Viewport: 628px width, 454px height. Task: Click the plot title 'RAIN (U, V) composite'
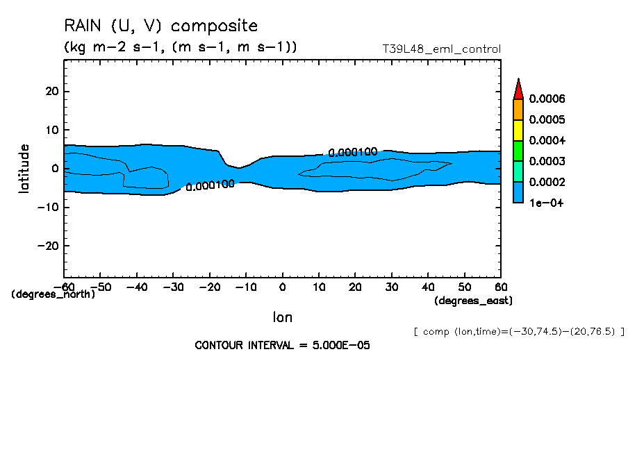pos(160,26)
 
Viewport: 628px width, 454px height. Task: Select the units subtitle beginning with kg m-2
pos(181,47)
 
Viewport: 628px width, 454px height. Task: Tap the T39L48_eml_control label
pos(441,49)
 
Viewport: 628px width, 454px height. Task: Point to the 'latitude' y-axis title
pos(24,169)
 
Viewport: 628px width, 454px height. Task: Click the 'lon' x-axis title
pos(282,317)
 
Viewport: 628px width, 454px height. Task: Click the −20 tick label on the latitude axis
pos(49,246)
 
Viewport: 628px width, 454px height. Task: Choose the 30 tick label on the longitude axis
pos(392,287)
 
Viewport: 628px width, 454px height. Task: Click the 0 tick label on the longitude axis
pos(283,287)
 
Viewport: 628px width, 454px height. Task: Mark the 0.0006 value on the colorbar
pos(547,99)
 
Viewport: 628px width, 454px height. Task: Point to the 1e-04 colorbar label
pos(545,203)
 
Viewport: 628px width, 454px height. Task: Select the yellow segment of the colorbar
pos(518,131)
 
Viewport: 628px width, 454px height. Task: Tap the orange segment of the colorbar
pos(518,110)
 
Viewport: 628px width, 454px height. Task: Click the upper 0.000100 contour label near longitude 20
pos(352,153)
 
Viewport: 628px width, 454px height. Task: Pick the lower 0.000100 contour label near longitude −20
pos(210,185)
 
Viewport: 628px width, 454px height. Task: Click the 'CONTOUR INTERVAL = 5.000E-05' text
pos(282,345)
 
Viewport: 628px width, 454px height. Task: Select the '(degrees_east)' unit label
pos(474,301)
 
